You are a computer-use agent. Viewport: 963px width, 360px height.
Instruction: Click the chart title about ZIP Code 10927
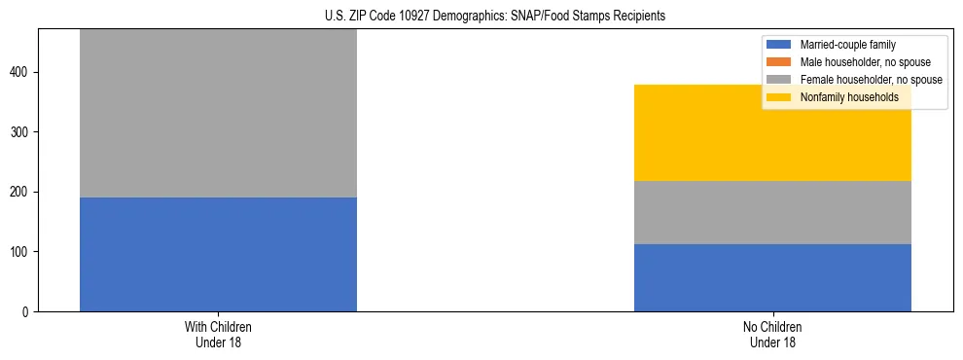[481, 17]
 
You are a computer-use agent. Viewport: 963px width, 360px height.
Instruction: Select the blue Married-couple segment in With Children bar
[218, 254]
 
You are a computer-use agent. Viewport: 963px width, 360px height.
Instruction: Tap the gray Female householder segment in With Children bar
[218, 113]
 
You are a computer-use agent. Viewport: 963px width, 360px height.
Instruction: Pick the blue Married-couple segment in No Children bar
[772, 277]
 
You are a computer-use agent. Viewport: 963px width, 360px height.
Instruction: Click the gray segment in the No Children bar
[772, 212]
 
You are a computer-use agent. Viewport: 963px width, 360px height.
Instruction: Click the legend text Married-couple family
[847, 45]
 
